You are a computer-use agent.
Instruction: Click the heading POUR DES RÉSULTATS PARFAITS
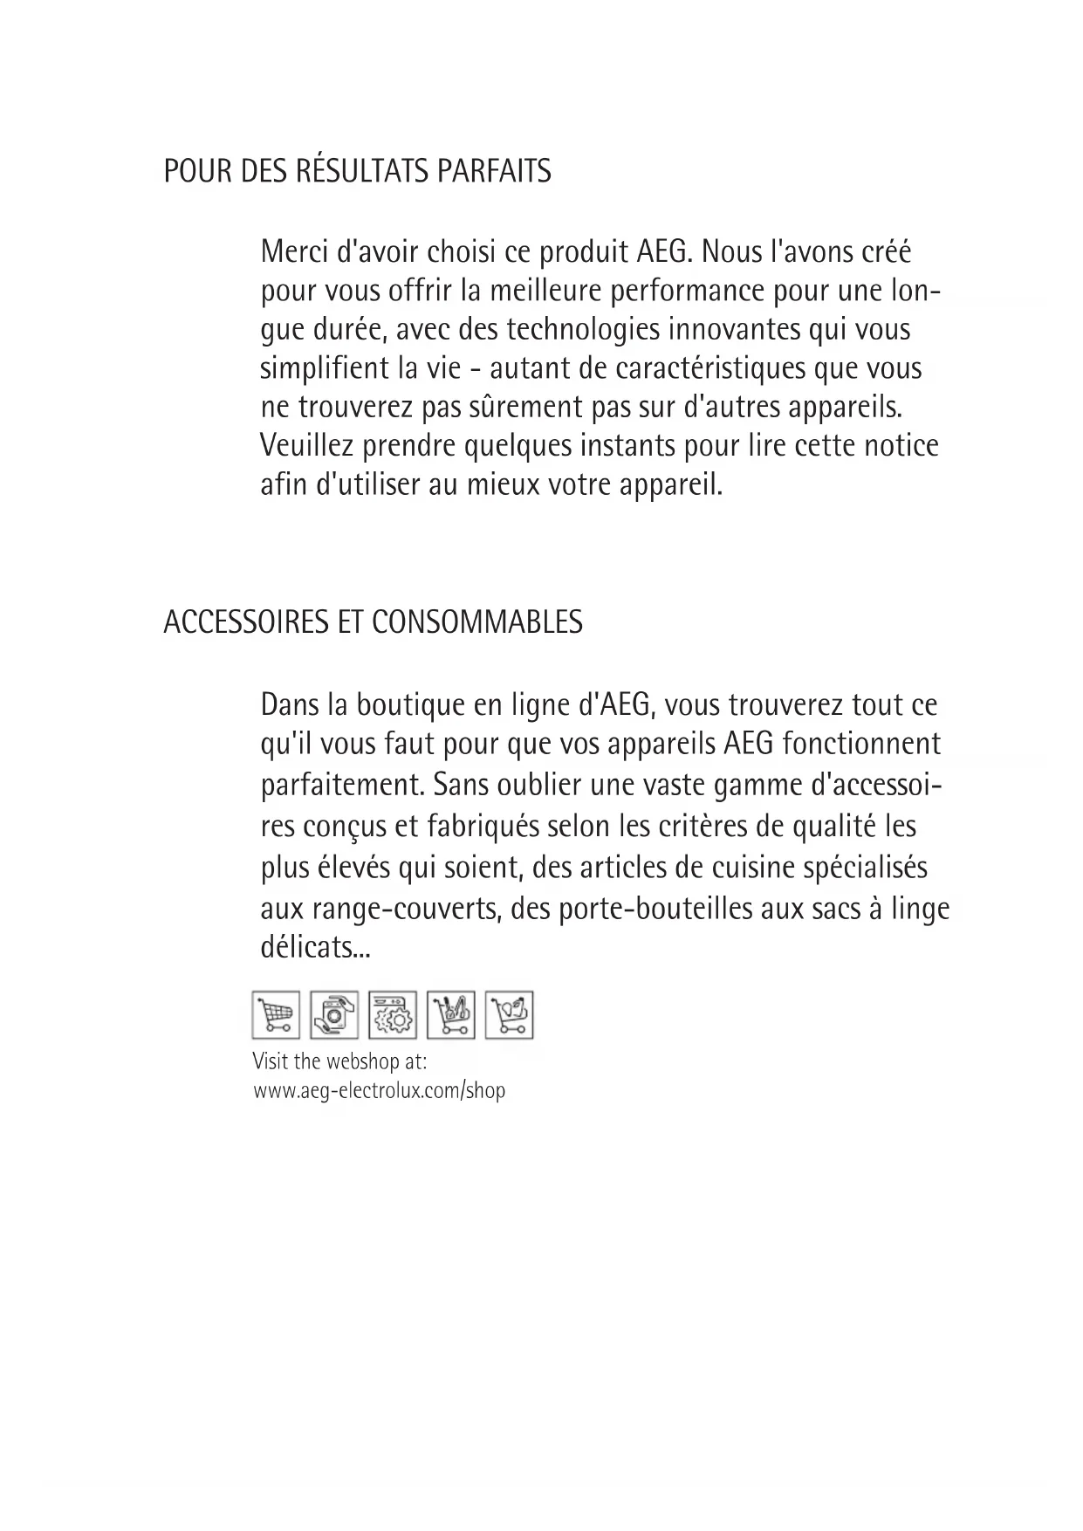point(357,171)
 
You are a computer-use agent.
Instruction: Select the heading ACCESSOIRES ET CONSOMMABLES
point(373,622)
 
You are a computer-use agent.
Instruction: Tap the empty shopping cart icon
point(276,1015)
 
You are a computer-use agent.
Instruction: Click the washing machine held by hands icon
point(333,1015)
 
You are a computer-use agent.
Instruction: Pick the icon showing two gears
point(393,1015)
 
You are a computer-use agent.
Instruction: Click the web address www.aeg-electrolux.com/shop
point(379,1091)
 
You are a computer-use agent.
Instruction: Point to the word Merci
point(294,252)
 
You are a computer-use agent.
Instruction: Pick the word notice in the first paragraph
point(901,446)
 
